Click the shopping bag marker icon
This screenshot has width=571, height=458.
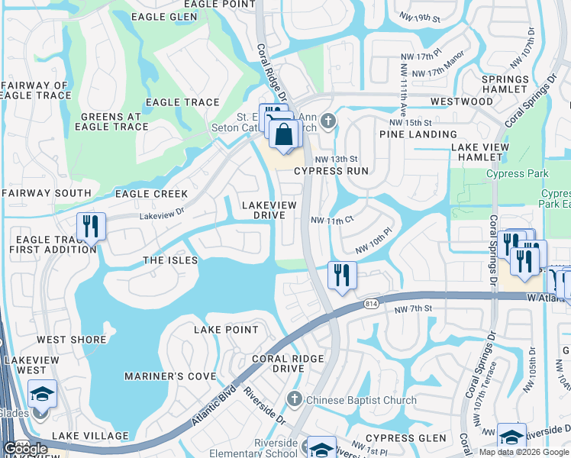coord(283,135)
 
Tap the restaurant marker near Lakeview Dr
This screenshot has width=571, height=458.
coord(90,226)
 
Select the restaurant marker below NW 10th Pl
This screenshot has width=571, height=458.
coord(342,276)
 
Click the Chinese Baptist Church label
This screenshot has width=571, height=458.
coord(361,400)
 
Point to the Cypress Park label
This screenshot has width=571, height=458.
coord(517,174)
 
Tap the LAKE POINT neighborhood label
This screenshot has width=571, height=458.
coord(226,329)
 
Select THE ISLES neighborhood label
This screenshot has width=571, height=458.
coord(170,260)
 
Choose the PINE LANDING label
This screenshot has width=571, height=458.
coord(413,134)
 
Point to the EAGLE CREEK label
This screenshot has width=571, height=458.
coord(151,194)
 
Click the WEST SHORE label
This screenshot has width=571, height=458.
coord(72,340)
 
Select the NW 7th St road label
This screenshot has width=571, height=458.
coord(414,308)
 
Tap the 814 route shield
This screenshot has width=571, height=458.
coord(369,303)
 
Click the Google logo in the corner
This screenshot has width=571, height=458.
coord(25,449)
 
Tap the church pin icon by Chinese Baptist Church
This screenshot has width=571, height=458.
coord(295,399)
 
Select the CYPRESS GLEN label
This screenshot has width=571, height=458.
coord(405,438)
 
